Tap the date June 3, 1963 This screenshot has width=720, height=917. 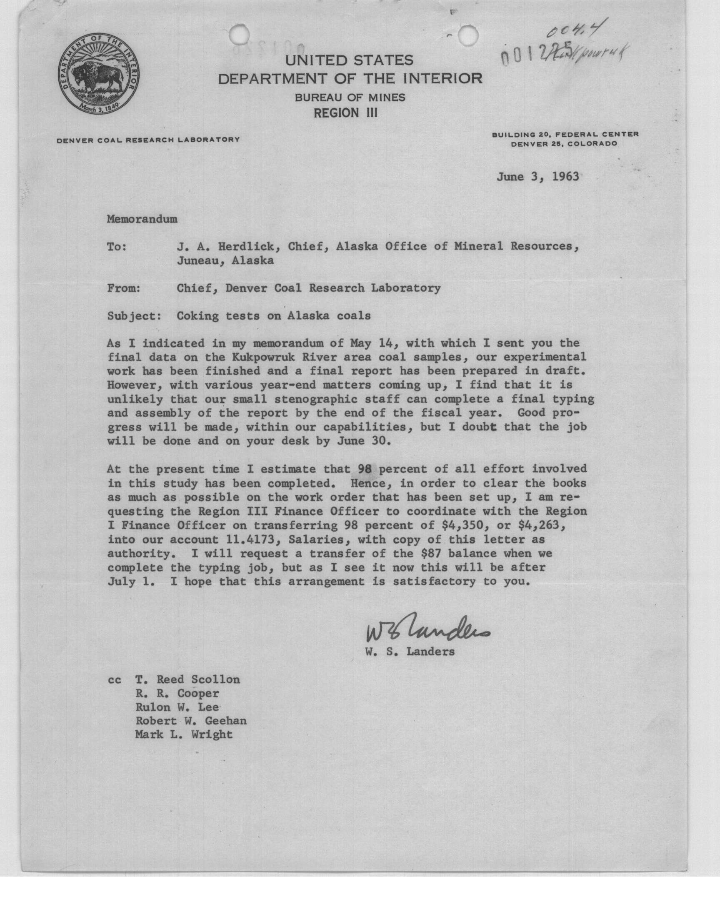pos(537,177)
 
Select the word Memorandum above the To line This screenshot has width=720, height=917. pos(142,219)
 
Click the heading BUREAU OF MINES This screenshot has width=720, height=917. pos(350,98)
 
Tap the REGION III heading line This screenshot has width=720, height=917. pos(346,113)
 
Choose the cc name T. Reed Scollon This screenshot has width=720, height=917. pos(187,679)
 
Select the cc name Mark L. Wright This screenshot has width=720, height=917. pos(184,734)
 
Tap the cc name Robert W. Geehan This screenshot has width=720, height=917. pos(190,721)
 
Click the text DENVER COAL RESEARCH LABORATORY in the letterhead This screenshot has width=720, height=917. pos(148,140)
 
